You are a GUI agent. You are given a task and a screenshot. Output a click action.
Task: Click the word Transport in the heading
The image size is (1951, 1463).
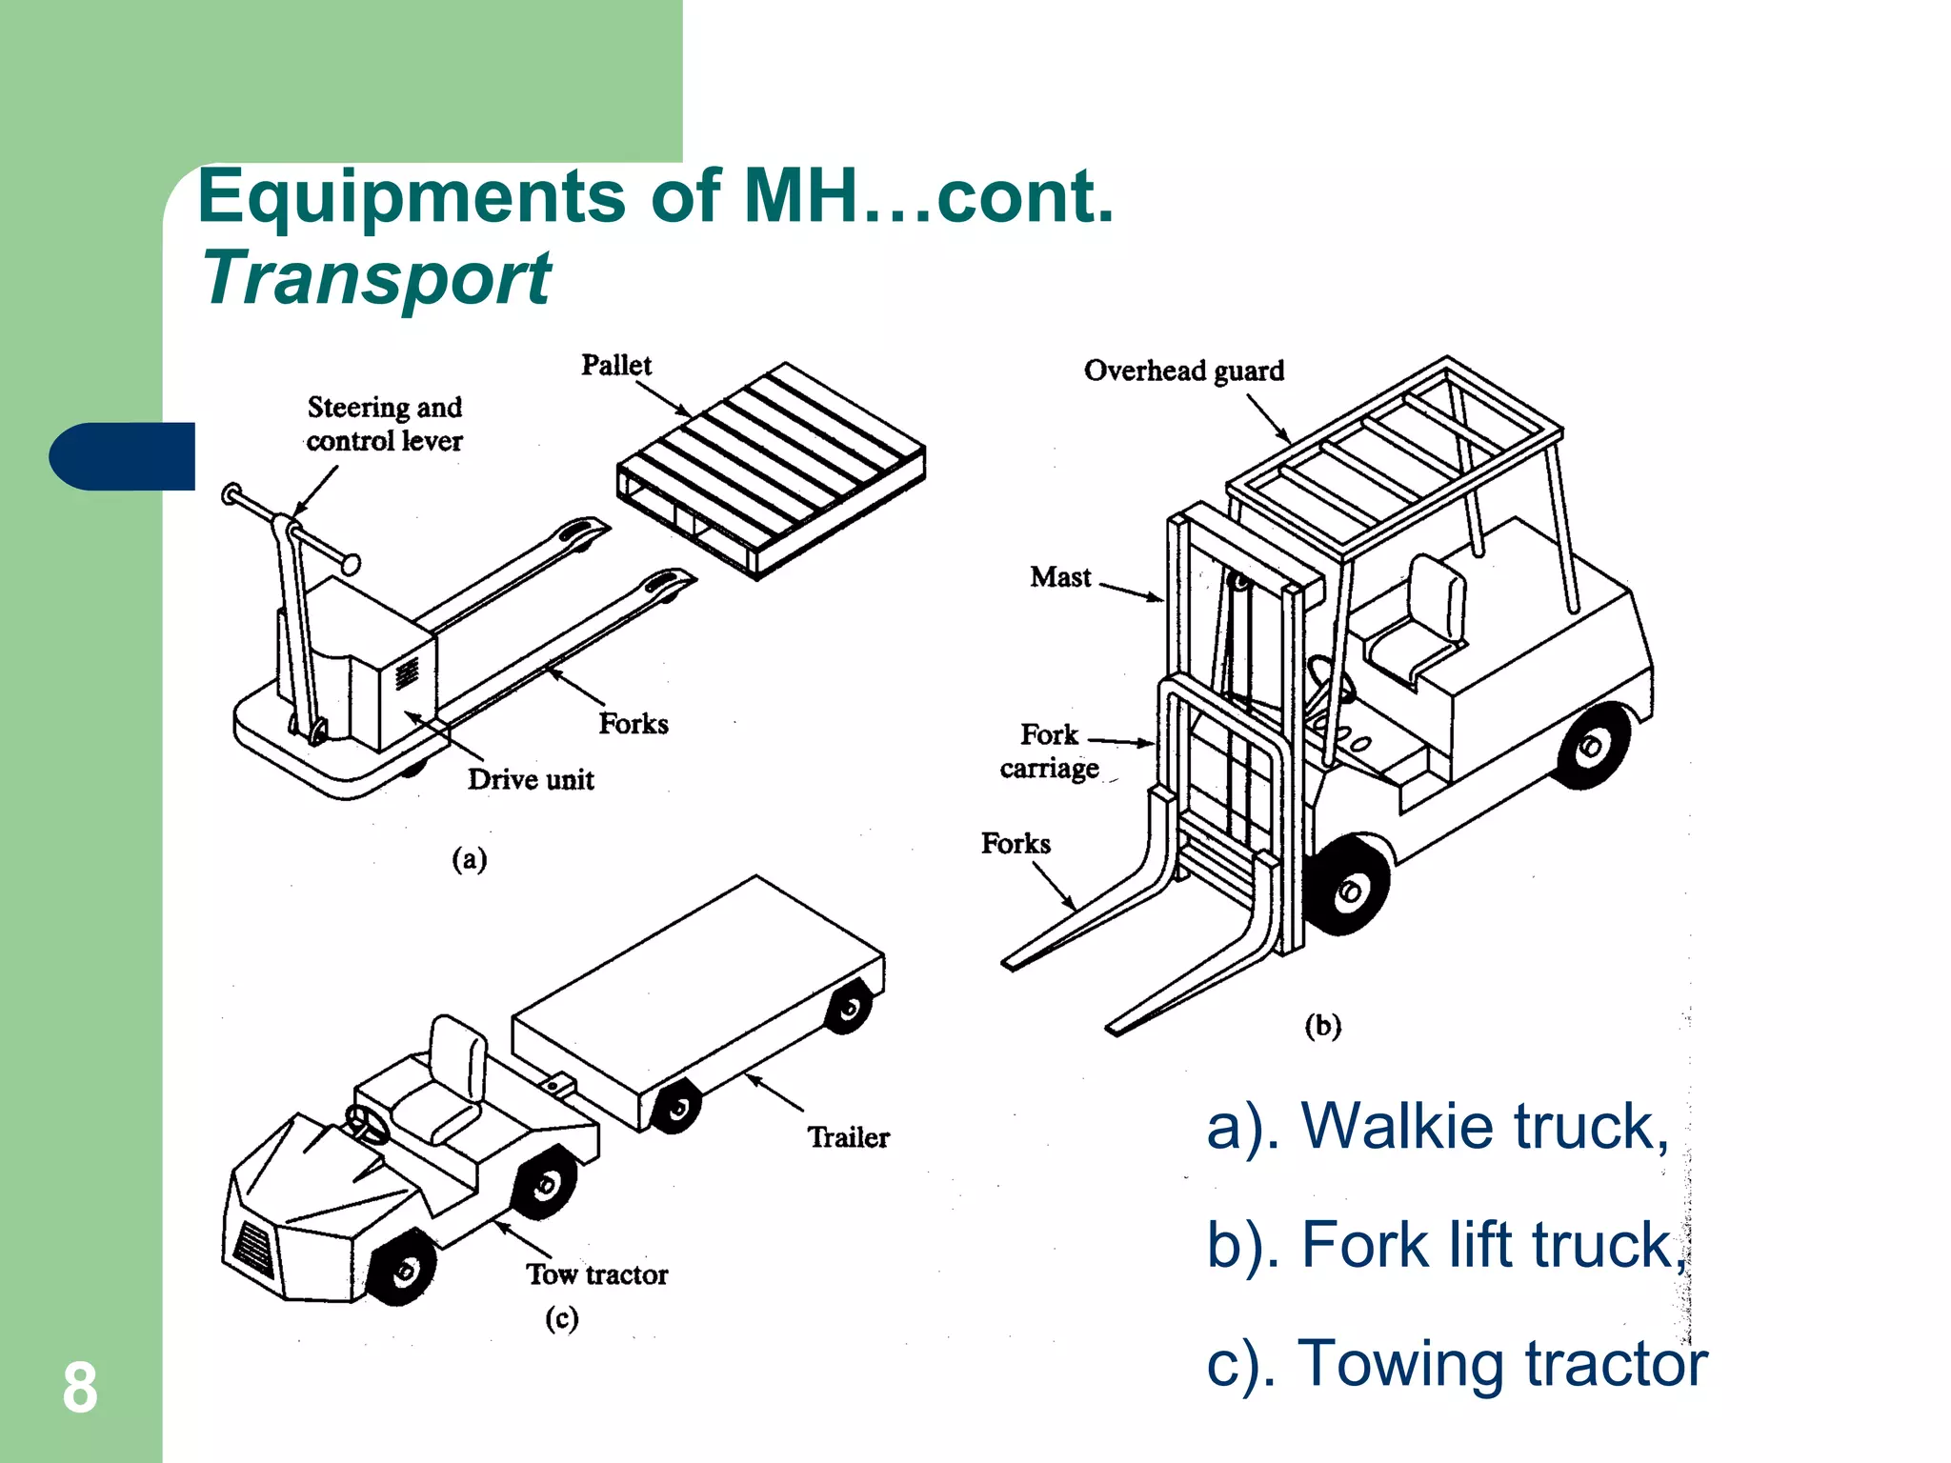coord(376,278)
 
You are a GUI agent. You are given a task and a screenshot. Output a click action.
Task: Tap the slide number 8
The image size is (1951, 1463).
coord(80,1388)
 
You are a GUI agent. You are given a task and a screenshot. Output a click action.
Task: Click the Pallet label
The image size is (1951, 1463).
coord(616,366)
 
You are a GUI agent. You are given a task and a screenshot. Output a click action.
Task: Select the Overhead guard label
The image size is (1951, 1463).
coord(1183,371)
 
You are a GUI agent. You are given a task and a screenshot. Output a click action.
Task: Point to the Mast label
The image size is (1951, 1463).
coord(1060,577)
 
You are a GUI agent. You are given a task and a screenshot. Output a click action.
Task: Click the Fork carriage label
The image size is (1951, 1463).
coord(1049,751)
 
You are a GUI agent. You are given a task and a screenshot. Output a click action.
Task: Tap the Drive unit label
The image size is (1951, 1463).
coord(531,780)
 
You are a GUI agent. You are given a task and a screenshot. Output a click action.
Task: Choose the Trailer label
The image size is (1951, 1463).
coord(848,1137)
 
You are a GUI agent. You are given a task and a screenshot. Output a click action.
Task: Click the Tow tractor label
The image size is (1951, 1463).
coord(597,1274)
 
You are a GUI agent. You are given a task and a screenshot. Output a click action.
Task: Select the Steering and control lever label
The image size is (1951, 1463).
coord(385,424)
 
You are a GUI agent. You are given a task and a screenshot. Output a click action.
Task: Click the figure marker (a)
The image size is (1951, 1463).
coord(469,859)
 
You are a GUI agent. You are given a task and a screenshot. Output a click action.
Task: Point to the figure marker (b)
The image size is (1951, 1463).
coord(1322,1026)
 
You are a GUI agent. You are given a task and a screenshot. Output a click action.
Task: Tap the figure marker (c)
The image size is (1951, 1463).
coord(562,1318)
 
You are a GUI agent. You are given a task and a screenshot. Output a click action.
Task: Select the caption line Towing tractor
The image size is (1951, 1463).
coord(1456,1363)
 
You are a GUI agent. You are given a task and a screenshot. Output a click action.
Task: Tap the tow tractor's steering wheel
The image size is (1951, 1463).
coord(365,1124)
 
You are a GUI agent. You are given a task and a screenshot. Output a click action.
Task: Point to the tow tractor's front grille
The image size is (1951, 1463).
coord(253,1248)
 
